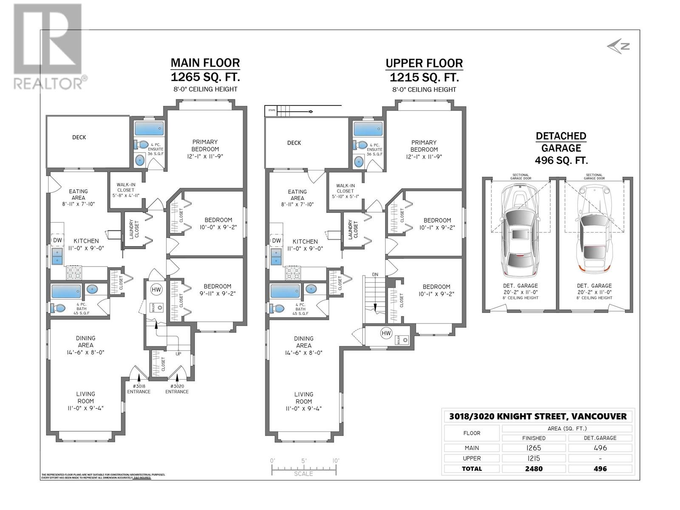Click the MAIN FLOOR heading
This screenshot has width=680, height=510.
click(x=205, y=63)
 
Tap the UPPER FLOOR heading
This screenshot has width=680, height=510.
click(x=424, y=63)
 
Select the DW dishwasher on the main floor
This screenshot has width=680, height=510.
click(x=57, y=240)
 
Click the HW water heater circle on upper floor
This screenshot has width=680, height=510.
click(x=386, y=333)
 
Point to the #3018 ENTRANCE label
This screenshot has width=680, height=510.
click(x=139, y=389)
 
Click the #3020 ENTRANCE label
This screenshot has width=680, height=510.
click(x=177, y=389)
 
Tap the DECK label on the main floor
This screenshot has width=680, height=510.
click(x=79, y=137)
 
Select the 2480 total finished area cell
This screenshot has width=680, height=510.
click(x=534, y=469)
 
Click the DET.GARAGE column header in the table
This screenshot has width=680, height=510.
click(x=600, y=438)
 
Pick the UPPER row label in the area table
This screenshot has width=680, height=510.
click(x=472, y=458)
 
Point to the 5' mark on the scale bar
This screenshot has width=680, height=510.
click(x=304, y=461)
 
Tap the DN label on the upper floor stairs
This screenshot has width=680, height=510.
click(x=375, y=275)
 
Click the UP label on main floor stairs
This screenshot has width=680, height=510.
click(x=178, y=354)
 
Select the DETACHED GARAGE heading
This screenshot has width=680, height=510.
click(x=561, y=142)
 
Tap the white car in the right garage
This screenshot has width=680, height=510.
click(x=593, y=229)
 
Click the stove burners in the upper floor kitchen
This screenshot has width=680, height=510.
click(x=293, y=273)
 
